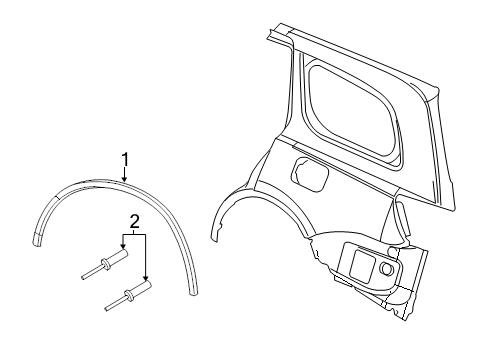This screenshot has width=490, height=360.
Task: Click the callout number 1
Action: coord(125,160)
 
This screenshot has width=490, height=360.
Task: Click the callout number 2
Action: coord(134,221)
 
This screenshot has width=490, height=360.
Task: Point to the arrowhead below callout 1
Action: coord(124,179)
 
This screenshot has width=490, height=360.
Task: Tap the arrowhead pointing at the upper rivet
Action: coord(123,246)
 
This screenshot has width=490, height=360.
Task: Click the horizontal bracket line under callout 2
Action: coord(134,235)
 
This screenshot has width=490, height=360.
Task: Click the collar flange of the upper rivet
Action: coord(106,263)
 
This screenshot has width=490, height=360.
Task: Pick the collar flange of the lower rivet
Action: coord(129,295)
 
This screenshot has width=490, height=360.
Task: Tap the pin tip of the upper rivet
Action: coord(83,277)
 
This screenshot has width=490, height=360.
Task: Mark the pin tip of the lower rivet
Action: coord(106,309)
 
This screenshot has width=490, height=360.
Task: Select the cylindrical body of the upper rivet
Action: coord(118,256)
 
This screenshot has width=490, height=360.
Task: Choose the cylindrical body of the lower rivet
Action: coord(141,288)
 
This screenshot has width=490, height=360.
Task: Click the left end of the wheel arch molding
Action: coord(37,241)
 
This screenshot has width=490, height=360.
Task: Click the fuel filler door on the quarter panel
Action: coord(310,174)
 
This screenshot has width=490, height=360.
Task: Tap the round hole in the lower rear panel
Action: coord(386,268)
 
